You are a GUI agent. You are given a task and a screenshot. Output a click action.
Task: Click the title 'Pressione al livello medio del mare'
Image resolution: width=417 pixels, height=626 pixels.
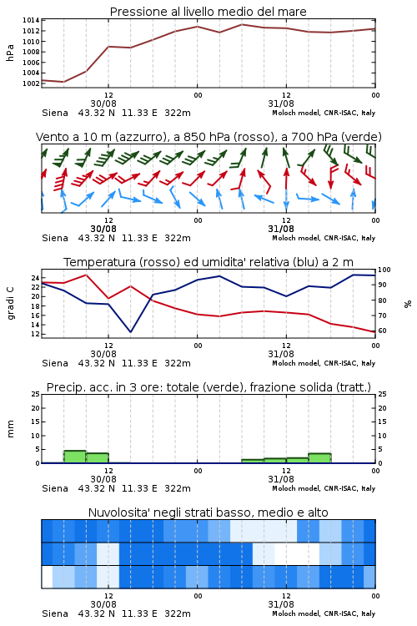[208, 12]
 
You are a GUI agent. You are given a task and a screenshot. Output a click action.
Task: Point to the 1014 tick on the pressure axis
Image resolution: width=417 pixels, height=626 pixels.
[31, 20]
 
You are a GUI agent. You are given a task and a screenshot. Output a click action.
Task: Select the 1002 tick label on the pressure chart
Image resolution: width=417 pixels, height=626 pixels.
[31, 83]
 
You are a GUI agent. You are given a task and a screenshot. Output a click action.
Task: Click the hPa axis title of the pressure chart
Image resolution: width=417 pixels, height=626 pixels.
[10, 53]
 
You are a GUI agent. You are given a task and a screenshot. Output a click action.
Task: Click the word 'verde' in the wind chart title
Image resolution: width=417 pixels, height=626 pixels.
[360, 137]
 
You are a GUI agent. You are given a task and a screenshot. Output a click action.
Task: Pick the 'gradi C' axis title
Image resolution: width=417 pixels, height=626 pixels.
[10, 303]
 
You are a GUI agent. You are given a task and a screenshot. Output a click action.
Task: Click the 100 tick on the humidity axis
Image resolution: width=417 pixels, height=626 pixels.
[384, 270]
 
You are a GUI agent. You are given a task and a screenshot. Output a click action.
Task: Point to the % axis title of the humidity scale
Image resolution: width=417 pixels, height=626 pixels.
[408, 304]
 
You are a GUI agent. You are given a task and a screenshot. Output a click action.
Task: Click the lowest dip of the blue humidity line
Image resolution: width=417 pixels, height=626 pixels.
[130, 331]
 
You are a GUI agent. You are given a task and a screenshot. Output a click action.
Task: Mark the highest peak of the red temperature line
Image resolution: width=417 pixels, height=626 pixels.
[86, 275]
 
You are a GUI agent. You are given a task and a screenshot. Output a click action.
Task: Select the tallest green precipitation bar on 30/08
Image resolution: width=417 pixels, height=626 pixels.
[75, 457]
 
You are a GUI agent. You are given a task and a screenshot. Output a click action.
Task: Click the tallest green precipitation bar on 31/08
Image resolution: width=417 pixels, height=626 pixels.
[319, 458]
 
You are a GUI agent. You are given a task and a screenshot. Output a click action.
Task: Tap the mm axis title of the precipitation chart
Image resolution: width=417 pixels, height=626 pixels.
[10, 429]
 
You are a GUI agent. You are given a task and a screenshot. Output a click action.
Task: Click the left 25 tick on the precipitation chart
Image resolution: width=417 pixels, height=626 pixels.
[36, 395]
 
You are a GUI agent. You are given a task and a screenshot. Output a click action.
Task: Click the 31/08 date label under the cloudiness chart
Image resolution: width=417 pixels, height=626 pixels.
[281, 604]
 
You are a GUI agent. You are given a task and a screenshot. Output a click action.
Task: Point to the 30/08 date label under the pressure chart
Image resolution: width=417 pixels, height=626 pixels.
[103, 103]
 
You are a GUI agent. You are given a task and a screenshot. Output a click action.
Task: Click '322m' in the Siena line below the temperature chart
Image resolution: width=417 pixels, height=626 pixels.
[178, 363]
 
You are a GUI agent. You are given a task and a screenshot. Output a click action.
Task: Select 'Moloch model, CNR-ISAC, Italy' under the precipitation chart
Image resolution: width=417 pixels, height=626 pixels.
[324, 488]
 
